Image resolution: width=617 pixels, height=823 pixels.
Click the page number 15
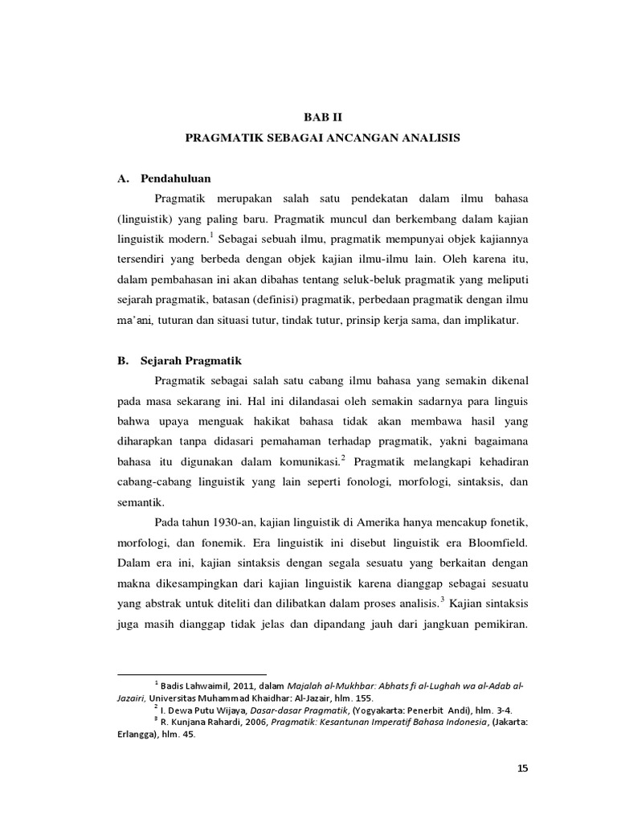coord(523,769)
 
